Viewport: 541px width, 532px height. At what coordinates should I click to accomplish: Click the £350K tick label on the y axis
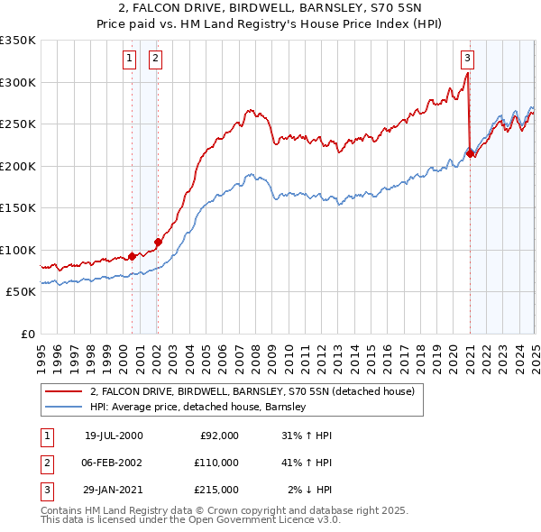click(x=18, y=41)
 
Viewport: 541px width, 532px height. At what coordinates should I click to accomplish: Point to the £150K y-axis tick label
click(x=18, y=208)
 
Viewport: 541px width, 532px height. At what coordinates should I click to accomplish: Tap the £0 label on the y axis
click(x=28, y=334)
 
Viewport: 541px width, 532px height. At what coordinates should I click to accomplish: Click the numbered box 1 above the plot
click(x=130, y=60)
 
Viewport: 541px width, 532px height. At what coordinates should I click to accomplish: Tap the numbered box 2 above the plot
click(x=155, y=60)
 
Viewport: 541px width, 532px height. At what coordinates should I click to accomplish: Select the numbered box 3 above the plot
click(x=468, y=60)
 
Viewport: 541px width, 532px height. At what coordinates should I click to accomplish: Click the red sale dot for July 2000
click(x=133, y=256)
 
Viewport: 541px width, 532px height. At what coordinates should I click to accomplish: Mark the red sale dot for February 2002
click(x=158, y=242)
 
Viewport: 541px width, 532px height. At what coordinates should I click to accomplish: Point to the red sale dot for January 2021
click(x=471, y=154)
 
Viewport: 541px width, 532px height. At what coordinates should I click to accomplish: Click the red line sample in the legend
click(x=63, y=391)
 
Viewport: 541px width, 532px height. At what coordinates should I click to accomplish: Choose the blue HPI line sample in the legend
click(x=63, y=408)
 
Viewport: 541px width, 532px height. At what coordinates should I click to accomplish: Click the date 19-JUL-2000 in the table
click(x=114, y=436)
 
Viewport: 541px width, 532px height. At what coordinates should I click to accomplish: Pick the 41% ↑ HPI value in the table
click(x=306, y=463)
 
